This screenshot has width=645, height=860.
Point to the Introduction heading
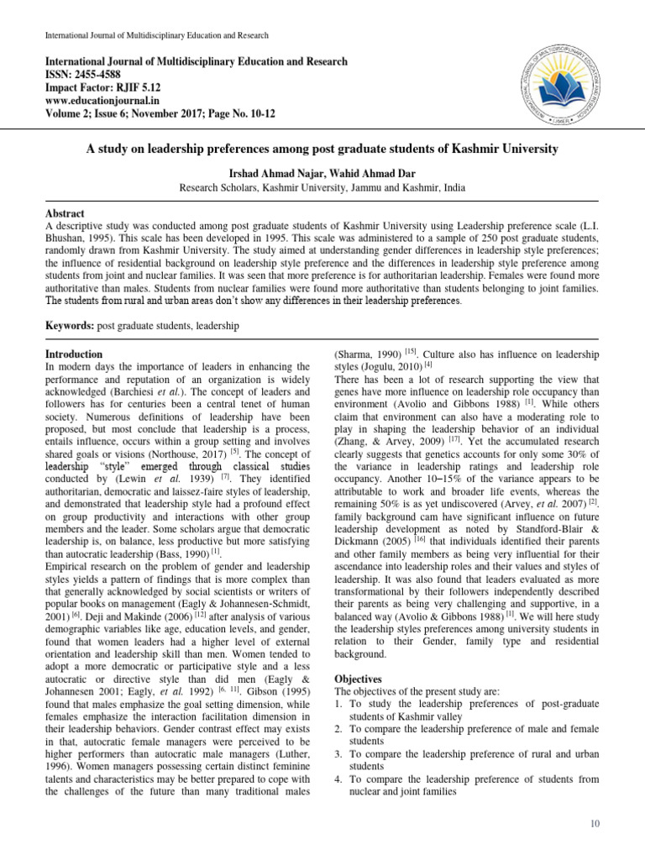click(74, 354)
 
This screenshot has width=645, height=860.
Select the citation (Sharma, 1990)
click(368, 355)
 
